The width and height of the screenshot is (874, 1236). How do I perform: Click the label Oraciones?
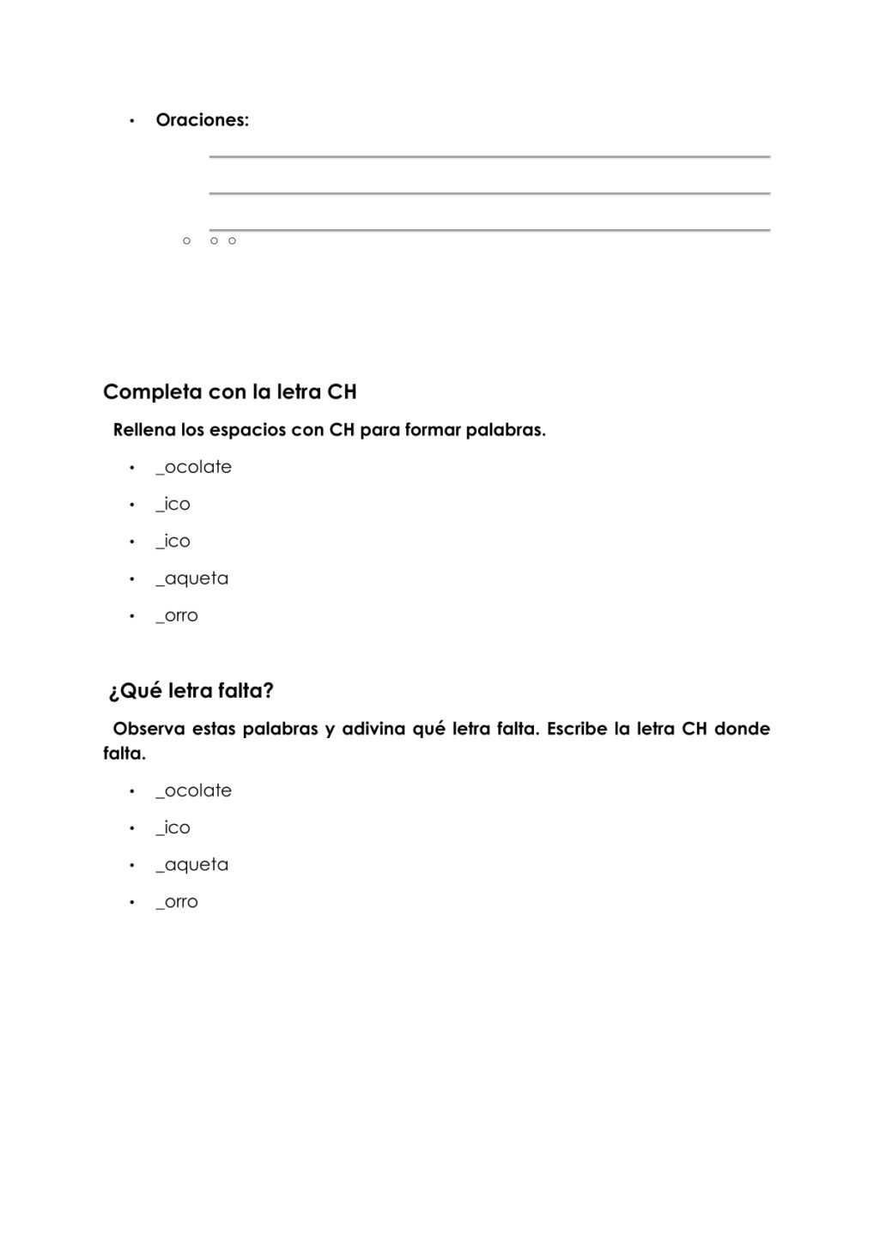click(202, 120)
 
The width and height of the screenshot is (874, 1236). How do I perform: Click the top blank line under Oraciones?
click(489, 157)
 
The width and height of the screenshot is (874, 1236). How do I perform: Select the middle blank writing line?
click(489, 194)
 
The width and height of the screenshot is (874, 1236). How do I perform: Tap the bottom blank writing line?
click(489, 230)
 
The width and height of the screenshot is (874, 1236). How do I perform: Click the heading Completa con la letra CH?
click(229, 392)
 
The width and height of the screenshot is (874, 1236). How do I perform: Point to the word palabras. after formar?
click(505, 430)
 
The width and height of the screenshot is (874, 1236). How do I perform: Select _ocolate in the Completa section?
click(193, 467)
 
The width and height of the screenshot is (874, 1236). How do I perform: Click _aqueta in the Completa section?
click(191, 579)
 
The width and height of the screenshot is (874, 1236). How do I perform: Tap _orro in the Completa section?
click(177, 615)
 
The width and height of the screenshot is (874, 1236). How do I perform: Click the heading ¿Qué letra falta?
click(191, 691)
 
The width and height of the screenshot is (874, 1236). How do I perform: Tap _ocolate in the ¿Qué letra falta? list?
click(193, 791)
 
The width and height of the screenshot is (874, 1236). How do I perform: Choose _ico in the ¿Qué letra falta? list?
click(173, 827)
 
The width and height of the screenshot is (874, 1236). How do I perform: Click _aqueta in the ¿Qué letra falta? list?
click(191, 864)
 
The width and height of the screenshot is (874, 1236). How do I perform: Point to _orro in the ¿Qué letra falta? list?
click(177, 902)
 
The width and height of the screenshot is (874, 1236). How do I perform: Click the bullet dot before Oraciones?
click(132, 121)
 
